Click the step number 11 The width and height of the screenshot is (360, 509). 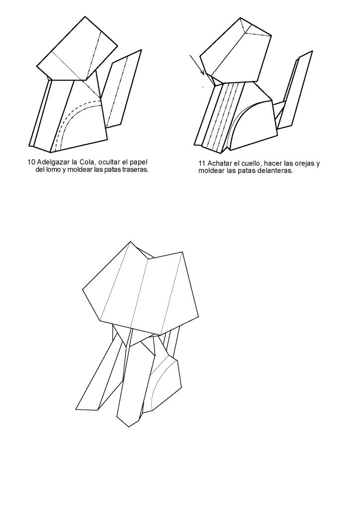201,163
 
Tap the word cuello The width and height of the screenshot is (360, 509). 250,163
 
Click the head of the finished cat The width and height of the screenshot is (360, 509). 140,287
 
